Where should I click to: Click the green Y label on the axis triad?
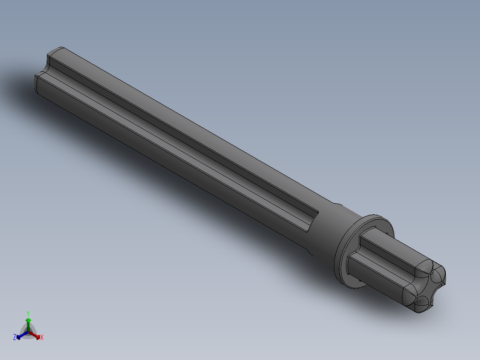(x=28, y=313)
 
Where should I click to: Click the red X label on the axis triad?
(x=42, y=337)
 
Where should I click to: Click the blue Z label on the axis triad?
(x=15, y=337)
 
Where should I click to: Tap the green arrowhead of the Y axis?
(x=28, y=320)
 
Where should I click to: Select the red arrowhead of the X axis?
(x=37, y=336)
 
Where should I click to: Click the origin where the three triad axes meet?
(x=28, y=331)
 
